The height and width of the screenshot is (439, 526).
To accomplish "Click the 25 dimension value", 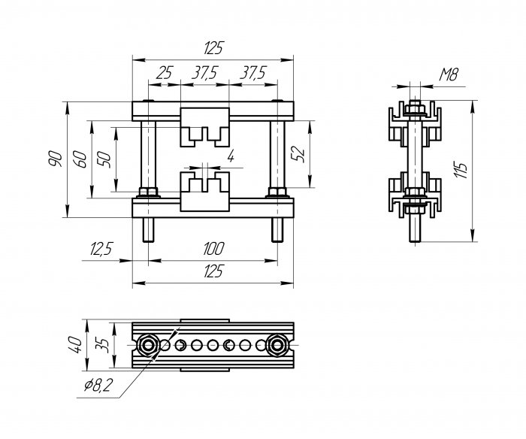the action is tap(165, 73).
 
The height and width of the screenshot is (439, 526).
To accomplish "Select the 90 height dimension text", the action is tap(56, 159).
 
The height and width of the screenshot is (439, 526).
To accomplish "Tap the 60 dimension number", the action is tap(80, 159).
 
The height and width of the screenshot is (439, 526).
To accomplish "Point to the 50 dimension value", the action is tap(104, 159).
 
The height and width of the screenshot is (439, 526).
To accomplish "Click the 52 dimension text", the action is tap(298, 154).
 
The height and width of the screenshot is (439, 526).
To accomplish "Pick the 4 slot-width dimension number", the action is tap(231, 156).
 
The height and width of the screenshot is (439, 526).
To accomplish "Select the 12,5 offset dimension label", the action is tap(101, 249).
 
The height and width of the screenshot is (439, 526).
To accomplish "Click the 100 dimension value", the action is tap(213, 249).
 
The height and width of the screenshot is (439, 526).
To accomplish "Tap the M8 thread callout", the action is tap(449, 75).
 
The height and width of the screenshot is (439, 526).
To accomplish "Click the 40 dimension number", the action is tap(75, 345).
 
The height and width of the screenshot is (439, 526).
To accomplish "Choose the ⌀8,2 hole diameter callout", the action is tap(98, 386).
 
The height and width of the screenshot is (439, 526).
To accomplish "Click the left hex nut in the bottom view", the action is tap(148, 345).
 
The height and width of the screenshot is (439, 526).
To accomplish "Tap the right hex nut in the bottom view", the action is tap(277, 345).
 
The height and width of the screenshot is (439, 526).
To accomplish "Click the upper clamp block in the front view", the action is tap(205, 127).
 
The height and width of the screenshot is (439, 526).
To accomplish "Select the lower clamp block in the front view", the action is tap(205, 192).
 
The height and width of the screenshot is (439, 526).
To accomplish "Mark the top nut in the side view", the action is tap(415, 109).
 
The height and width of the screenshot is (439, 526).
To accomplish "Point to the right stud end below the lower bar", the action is tap(277, 230).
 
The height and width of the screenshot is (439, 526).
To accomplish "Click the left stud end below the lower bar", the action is tap(148, 230).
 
